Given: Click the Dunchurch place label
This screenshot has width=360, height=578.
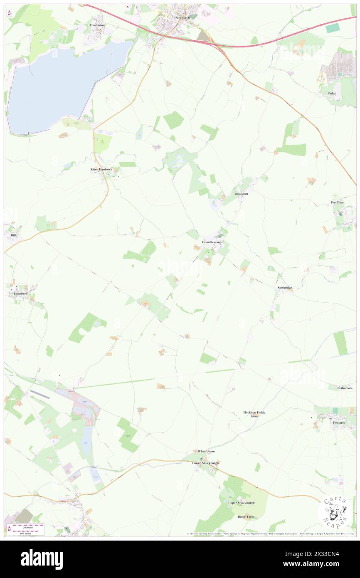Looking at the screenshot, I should [x=182, y=18].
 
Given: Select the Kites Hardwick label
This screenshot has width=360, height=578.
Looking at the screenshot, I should [x=102, y=170].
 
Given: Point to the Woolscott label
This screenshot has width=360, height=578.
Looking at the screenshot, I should [x=241, y=194].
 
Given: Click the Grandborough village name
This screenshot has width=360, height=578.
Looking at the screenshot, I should [x=212, y=242].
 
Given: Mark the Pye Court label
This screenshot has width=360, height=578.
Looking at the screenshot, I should [x=338, y=203].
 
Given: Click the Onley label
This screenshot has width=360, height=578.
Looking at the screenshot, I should [x=332, y=94].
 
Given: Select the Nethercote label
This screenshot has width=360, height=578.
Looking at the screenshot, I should [x=345, y=388].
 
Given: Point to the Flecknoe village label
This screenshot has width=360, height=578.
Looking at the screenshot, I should [x=339, y=422].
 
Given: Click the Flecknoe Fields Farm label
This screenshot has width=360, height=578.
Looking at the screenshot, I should [x=254, y=414].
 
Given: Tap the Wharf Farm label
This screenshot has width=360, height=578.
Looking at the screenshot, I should [x=206, y=451].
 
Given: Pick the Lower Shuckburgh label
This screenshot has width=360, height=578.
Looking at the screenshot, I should [x=205, y=463].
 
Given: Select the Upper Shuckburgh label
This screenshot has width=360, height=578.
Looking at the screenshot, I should [x=242, y=503].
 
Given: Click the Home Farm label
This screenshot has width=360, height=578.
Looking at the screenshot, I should [x=245, y=517].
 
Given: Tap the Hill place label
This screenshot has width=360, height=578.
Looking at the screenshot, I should [x=12, y=235].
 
